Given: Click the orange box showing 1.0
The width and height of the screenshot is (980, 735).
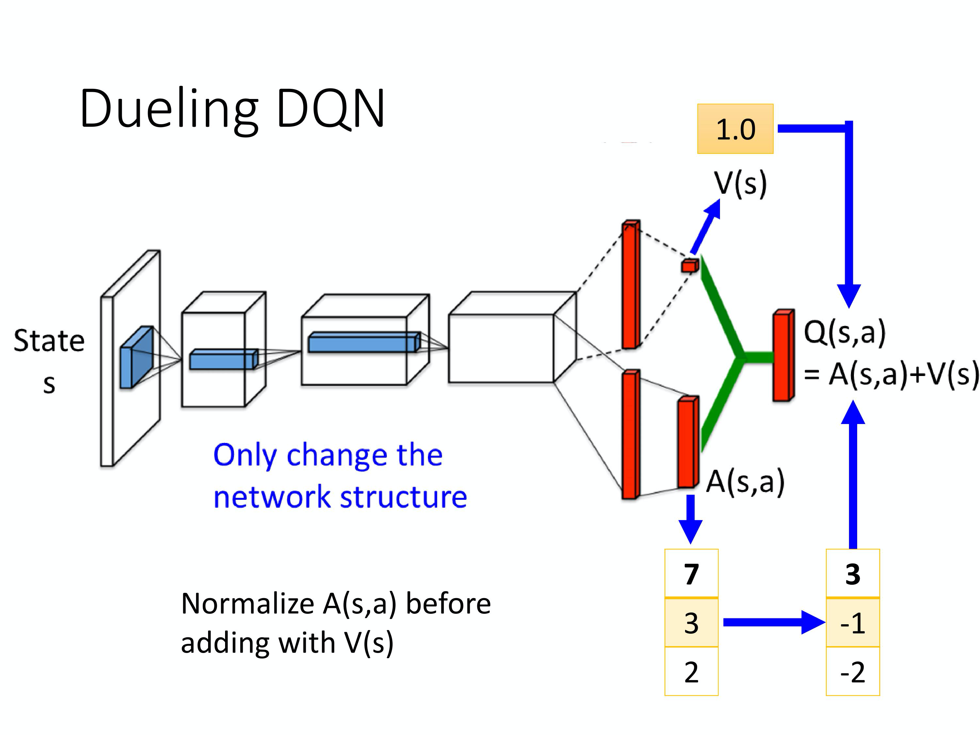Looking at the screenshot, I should click(735, 129).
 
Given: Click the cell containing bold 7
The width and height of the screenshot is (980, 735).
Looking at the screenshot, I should click(691, 574).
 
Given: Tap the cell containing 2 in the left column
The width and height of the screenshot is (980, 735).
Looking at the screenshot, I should click(691, 672).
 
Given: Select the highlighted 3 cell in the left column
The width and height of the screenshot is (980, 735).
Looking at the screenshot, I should click(691, 623).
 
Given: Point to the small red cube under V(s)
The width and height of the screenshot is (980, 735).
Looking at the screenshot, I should click(689, 266).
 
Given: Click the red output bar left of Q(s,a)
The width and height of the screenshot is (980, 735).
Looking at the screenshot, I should click(783, 356).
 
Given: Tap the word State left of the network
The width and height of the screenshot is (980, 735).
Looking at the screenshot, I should click(49, 341).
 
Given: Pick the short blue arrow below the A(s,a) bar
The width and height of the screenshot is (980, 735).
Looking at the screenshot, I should click(690, 518).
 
